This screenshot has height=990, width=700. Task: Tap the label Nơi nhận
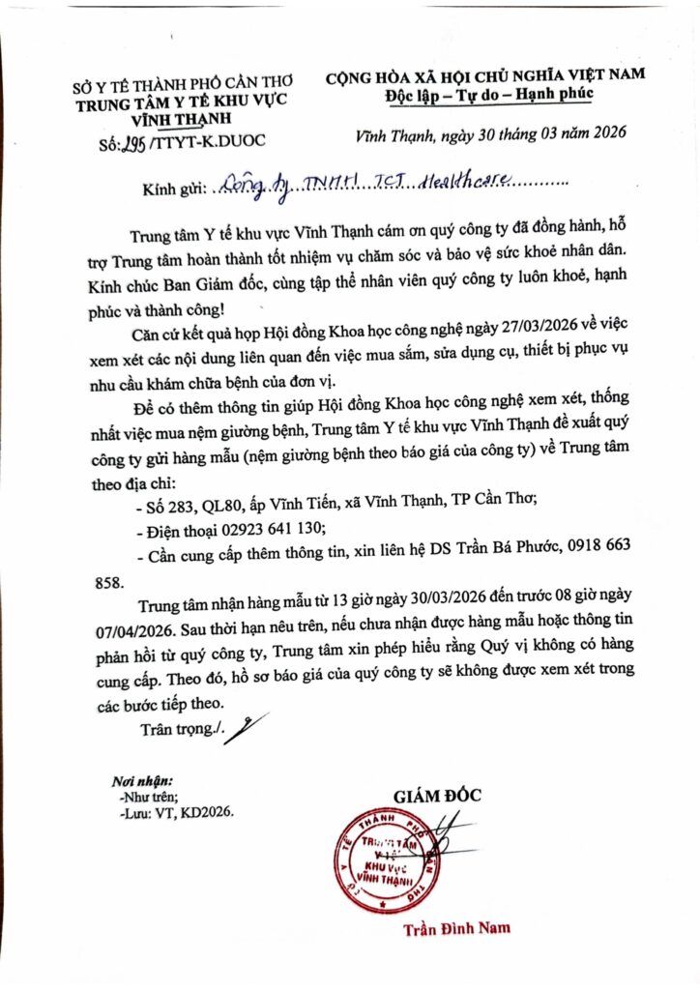pyautogui.click(x=141, y=779)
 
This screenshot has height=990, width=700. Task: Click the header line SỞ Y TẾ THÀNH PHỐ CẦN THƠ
pyautogui.click(x=183, y=83)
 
